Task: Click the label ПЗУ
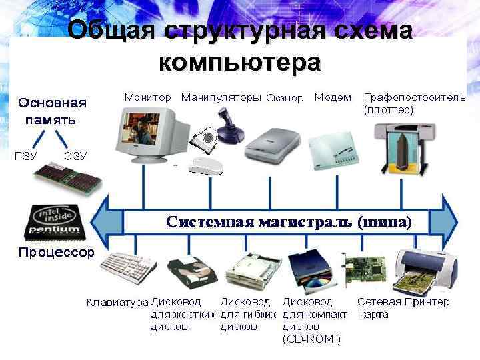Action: coord(25,156)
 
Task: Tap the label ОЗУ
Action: coord(75,156)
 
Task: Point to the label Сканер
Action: coord(285,99)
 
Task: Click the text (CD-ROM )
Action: coord(311,339)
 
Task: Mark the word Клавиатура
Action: coord(117,303)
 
